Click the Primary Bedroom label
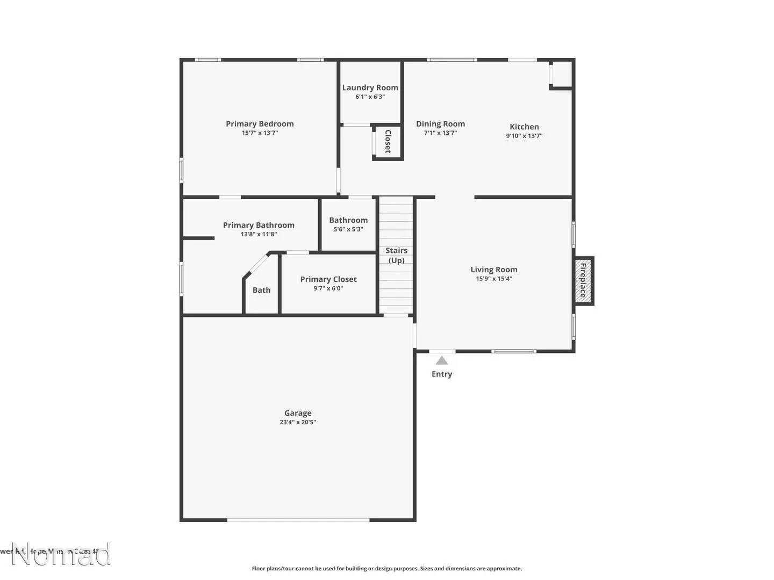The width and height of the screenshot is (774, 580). click(260, 124)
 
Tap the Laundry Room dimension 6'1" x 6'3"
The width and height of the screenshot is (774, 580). click(370, 97)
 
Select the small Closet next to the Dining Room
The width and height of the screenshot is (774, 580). click(388, 142)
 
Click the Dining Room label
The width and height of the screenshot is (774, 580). click(440, 124)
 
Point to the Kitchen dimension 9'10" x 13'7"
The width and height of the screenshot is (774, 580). click(524, 136)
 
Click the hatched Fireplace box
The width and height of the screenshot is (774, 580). click(583, 281)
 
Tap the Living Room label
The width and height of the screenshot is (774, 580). click(494, 270)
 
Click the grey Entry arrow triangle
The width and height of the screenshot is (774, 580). click(442, 360)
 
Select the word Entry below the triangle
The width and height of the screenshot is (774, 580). click(442, 374)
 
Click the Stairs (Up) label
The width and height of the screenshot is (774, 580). click(396, 255)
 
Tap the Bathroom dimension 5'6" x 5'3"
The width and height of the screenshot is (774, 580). click(348, 229)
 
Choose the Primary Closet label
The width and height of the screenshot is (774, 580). click(328, 279)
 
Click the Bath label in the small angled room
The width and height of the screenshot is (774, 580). click(262, 290)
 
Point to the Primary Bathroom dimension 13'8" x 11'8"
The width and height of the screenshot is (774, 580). click(259, 234)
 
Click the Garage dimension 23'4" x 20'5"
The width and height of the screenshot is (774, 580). click(298, 422)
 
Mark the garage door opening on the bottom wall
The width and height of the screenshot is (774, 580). click(298, 520)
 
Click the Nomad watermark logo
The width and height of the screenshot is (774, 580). click(61, 555)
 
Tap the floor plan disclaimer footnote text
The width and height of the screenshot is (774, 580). click(386, 568)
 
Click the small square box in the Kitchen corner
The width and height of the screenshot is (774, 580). click(562, 74)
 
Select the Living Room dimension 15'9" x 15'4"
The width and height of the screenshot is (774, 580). click(494, 279)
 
